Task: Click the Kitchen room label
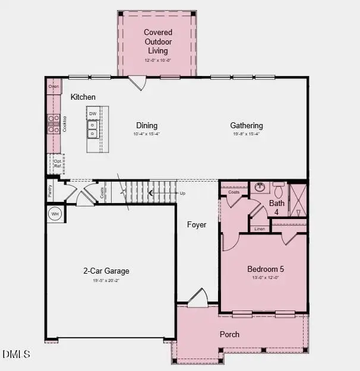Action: (83, 97)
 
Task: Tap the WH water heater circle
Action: (55, 214)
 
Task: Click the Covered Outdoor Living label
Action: (158, 41)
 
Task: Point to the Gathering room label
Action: (247, 125)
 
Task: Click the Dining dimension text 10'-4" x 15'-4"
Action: (147, 134)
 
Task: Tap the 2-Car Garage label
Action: (106, 271)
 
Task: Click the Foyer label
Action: (197, 225)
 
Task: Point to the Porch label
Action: (229, 334)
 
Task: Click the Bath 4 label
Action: (277, 207)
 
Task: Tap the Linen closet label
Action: (260, 229)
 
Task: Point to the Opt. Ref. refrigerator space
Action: (58, 163)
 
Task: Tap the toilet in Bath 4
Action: (279, 190)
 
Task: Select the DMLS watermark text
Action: (16, 354)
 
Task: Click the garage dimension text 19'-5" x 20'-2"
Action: (106, 280)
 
